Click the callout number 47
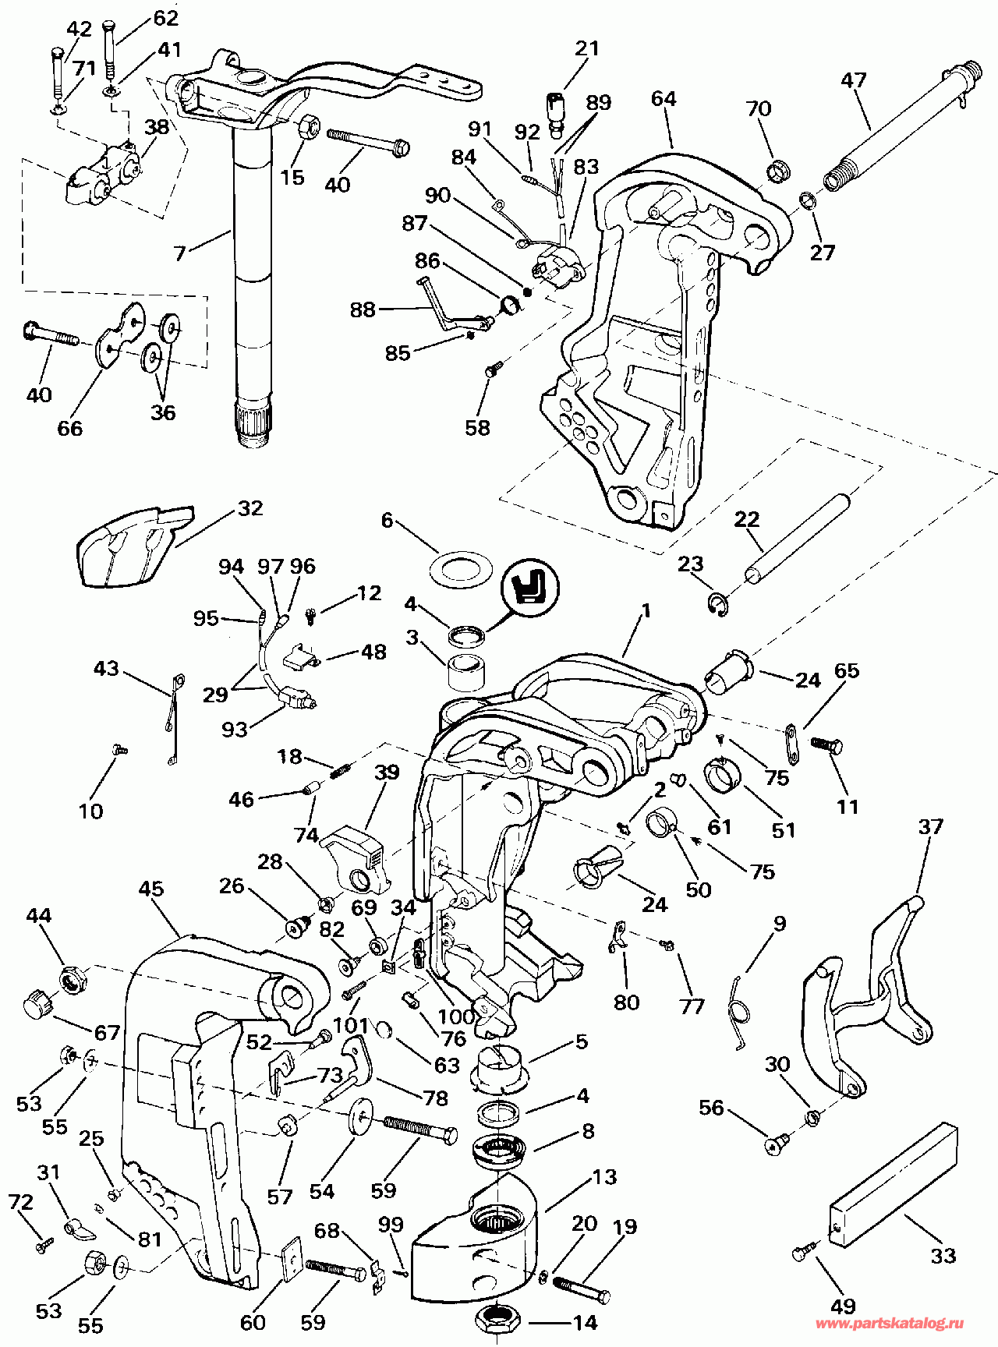pyautogui.click(x=854, y=80)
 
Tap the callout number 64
pyautogui.click(x=664, y=99)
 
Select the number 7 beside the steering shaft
pyautogui.click(x=180, y=253)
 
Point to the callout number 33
pyautogui.click(x=943, y=1256)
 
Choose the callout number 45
pyautogui.click(x=151, y=889)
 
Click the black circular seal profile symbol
pyautogui.click(x=531, y=582)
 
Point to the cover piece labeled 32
pyautogui.click(x=133, y=546)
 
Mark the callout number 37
pyautogui.click(x=931, y=826)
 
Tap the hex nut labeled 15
pyautogui.click(x=307, y=126)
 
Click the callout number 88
pyautogui.click(x=363, y=309)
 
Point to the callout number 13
pyautogui.click(x=605, y=1176)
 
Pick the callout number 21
pyautogui.click(x=587, y=48)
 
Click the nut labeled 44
pyautogui.click(x=73, y=979)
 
